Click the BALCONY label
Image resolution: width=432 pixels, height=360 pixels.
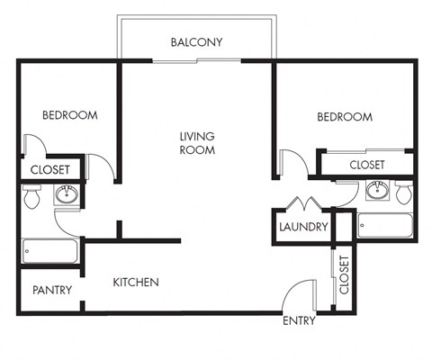(196, 42)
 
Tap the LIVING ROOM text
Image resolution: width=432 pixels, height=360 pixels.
(197, 143)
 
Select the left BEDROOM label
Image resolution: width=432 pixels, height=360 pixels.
(69, 115)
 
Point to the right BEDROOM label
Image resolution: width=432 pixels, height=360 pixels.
(344, 117)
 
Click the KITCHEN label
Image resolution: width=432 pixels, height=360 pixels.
(136, 283)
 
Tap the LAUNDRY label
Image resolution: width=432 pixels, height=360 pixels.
(303, 227)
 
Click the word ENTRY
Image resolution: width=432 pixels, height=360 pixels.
(299, 321)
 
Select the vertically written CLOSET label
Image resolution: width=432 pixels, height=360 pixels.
(344, 274)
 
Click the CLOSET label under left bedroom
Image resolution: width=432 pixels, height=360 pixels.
(50, 169)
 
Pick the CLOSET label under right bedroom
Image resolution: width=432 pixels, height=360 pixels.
(366, 165)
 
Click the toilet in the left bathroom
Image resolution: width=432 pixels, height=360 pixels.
(32, 197)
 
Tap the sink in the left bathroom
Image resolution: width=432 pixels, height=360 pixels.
(67, 194)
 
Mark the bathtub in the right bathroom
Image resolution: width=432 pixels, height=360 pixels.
(385, 225)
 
